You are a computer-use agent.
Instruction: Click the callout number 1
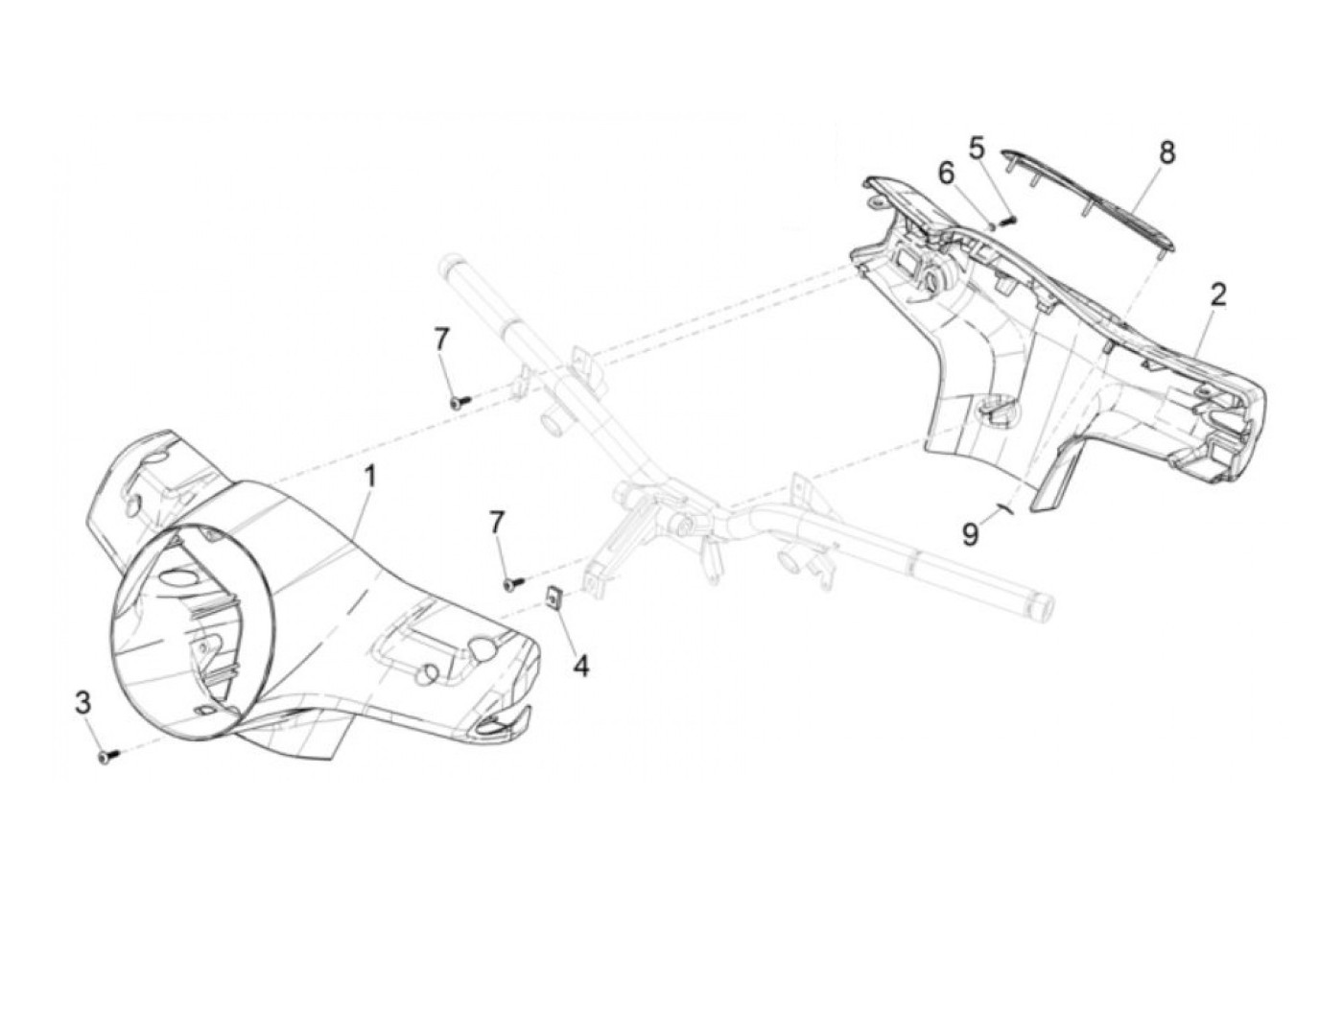[369, 477]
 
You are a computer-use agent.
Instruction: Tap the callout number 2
[1217, 295]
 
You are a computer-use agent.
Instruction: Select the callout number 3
[83, 703]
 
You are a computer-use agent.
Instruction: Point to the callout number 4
[581, 664]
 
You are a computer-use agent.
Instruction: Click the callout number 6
[947, 174]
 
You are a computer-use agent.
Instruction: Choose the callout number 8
[1166, 153]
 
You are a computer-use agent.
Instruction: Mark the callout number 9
[971, 534]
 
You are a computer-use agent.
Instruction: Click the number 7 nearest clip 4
[497, 523]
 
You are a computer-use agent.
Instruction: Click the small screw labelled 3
[106, 758]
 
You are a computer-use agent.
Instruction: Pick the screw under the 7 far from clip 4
[457, 404]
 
